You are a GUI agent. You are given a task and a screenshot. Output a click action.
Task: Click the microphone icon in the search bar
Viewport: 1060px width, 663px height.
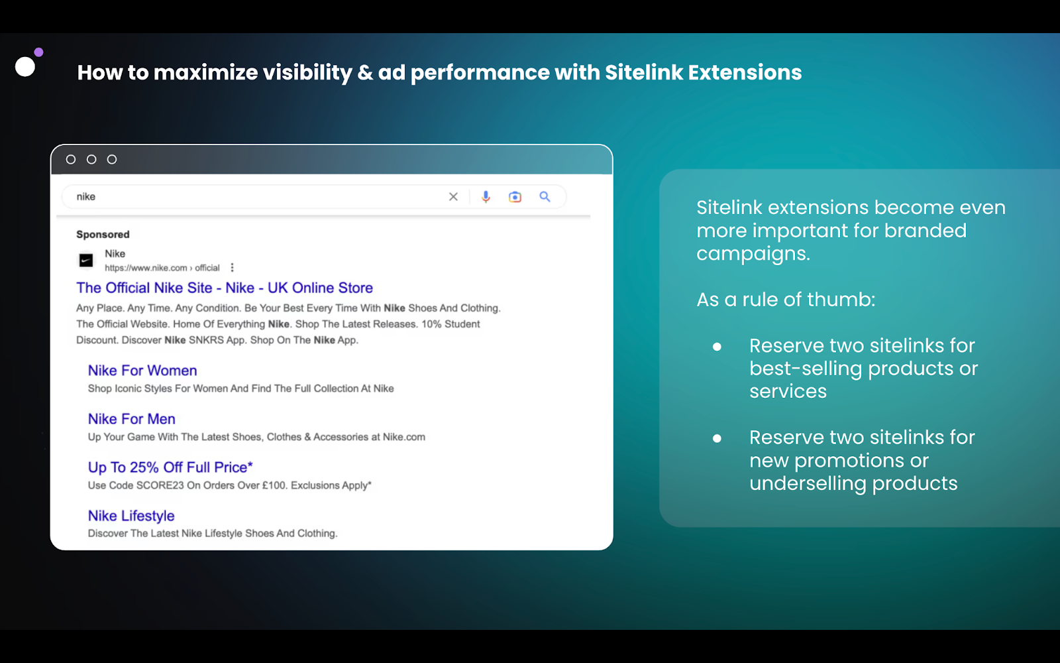[486, 196]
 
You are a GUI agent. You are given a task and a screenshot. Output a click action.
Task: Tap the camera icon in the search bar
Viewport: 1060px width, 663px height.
[515, 196]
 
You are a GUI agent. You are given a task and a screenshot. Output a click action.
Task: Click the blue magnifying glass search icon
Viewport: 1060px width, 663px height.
[545, 196]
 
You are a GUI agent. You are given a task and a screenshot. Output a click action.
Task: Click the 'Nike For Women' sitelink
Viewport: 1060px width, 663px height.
[142, 371]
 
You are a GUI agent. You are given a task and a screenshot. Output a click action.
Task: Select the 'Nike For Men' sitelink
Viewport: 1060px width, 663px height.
[132, 418]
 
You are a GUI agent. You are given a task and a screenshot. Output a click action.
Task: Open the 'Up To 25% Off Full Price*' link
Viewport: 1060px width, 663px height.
[170, 467]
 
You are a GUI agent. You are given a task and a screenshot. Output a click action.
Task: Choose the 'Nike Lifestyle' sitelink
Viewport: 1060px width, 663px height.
[131, 515]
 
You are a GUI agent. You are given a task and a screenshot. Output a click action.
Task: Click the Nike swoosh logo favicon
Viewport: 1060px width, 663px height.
[86, 260]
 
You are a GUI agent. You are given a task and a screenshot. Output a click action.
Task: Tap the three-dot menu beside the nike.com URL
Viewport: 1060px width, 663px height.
[232, 268]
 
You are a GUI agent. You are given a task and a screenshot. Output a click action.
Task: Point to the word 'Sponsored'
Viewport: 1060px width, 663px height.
[103, 235]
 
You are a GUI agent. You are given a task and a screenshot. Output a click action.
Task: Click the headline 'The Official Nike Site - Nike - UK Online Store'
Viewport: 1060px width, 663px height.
[225, 288]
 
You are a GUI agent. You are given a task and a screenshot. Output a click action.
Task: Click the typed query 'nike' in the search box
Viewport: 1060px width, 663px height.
[85, 196]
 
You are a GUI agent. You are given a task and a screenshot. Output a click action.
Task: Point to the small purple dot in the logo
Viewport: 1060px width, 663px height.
[39, 52]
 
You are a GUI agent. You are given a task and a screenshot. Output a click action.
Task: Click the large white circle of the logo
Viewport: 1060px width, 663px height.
[25, 67]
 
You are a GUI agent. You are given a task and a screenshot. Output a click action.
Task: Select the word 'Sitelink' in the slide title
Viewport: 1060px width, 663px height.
[643, 72]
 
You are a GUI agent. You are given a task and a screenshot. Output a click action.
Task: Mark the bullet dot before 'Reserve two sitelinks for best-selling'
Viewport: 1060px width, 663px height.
[717, 347]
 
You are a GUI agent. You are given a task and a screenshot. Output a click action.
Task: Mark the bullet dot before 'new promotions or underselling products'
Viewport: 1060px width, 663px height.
[717, 438]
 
